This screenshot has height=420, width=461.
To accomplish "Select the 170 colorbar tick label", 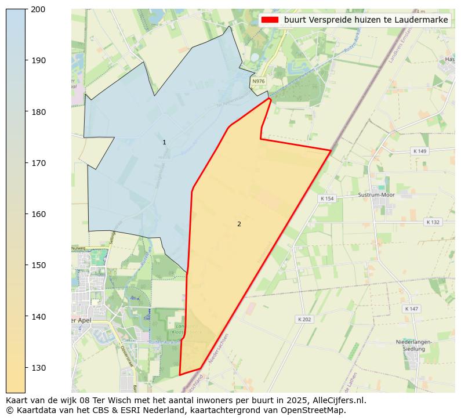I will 38,163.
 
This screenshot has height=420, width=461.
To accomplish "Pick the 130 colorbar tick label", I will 38,368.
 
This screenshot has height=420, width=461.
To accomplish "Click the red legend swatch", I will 270,20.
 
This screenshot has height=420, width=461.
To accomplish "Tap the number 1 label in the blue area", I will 164,142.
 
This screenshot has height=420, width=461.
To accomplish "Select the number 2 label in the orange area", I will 239,224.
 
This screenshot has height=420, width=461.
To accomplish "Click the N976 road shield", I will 259,82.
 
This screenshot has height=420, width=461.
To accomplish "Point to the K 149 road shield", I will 419,151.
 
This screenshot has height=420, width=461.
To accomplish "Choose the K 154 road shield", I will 327,198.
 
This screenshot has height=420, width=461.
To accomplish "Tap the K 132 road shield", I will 433,222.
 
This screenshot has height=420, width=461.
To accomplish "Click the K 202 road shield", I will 304,319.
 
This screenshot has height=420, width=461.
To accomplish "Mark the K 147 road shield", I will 412,309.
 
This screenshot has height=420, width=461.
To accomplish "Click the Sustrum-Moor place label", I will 376,195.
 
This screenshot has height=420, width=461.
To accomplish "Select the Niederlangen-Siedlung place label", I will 414,346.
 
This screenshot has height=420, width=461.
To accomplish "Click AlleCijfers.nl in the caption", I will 337,400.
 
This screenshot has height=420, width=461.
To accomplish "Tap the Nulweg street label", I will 78,248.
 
